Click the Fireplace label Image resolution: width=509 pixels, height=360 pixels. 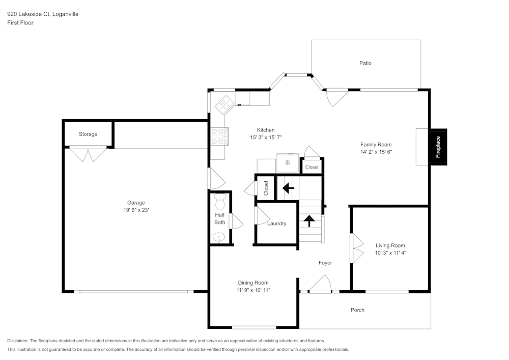pyautogui.click(x=438, y=147)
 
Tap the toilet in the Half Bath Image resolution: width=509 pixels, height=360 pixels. pyautogui.click(x=220, y=202)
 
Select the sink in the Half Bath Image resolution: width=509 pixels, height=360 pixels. pyautogui.click(x=219, y=237)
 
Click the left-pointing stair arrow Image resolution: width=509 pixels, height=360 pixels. pyautogui.click(x=288, y=188)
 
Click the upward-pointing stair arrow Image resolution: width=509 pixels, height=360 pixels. pyautogui.click(x=308, y=220)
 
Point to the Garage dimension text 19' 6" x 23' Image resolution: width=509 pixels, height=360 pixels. pyautogui.click(x=136, y=210)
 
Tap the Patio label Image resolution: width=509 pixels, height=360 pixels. pyautogui.click(x=365, y=63)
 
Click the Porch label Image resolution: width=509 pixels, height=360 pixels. pyautogui.click(x=357, y=310)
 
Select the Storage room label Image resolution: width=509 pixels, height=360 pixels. pyautogui.click(x=88, y=134)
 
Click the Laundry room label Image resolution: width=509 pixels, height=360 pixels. pyautogui.click(x=276, y=224)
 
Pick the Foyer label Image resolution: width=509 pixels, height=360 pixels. pyautogui.click(x=325, y=263)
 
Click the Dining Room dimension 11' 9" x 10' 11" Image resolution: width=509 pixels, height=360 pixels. pyautogui.click(x=253, y=290)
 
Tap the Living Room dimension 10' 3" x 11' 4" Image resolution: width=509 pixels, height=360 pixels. pyautogui.click(x=390, y=253)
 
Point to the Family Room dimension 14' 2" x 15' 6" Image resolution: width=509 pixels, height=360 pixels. pyautogui.click(x=376, y=152)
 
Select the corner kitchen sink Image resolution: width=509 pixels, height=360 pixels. pyautogui.click(x=224, y=105)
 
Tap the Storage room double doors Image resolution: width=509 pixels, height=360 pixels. pyautogui.click(x=88, y=154)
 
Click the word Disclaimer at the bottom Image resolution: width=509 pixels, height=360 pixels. pyautogui.click(x=18, y=341)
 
